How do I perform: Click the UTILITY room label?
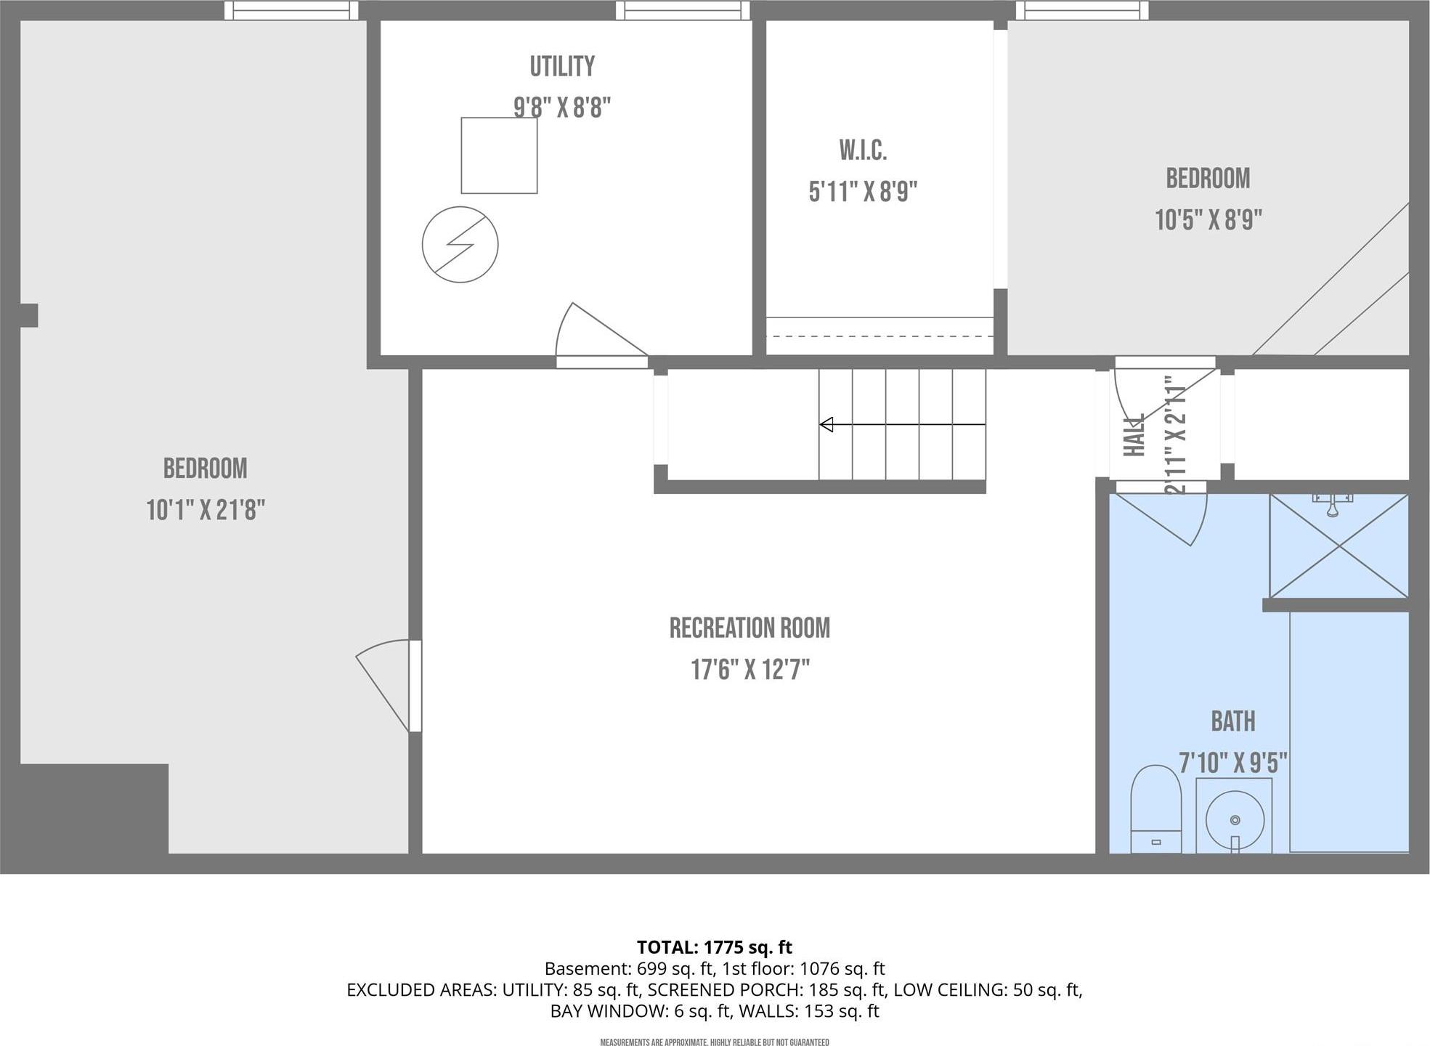[561, 67]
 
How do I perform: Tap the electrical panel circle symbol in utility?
[460, 245]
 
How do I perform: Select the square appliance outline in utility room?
[499, 155]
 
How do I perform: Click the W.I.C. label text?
[863, 151]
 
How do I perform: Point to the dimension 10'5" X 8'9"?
[1208, 219]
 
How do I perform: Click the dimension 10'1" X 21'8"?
[206, 510]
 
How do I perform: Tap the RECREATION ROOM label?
[749, 628]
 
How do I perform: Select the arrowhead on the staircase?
[826, 424]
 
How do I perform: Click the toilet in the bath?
[1155, 808]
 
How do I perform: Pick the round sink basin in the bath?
[1235, 820]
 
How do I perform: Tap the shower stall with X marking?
[1338, 546]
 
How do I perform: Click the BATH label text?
[1232, 721]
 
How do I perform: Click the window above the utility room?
[683, 10]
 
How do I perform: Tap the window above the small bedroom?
[1081, 10]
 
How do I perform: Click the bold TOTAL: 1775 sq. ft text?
[714, 947]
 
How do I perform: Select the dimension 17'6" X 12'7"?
[749, 670]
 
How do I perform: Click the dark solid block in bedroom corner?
[94, 808]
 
